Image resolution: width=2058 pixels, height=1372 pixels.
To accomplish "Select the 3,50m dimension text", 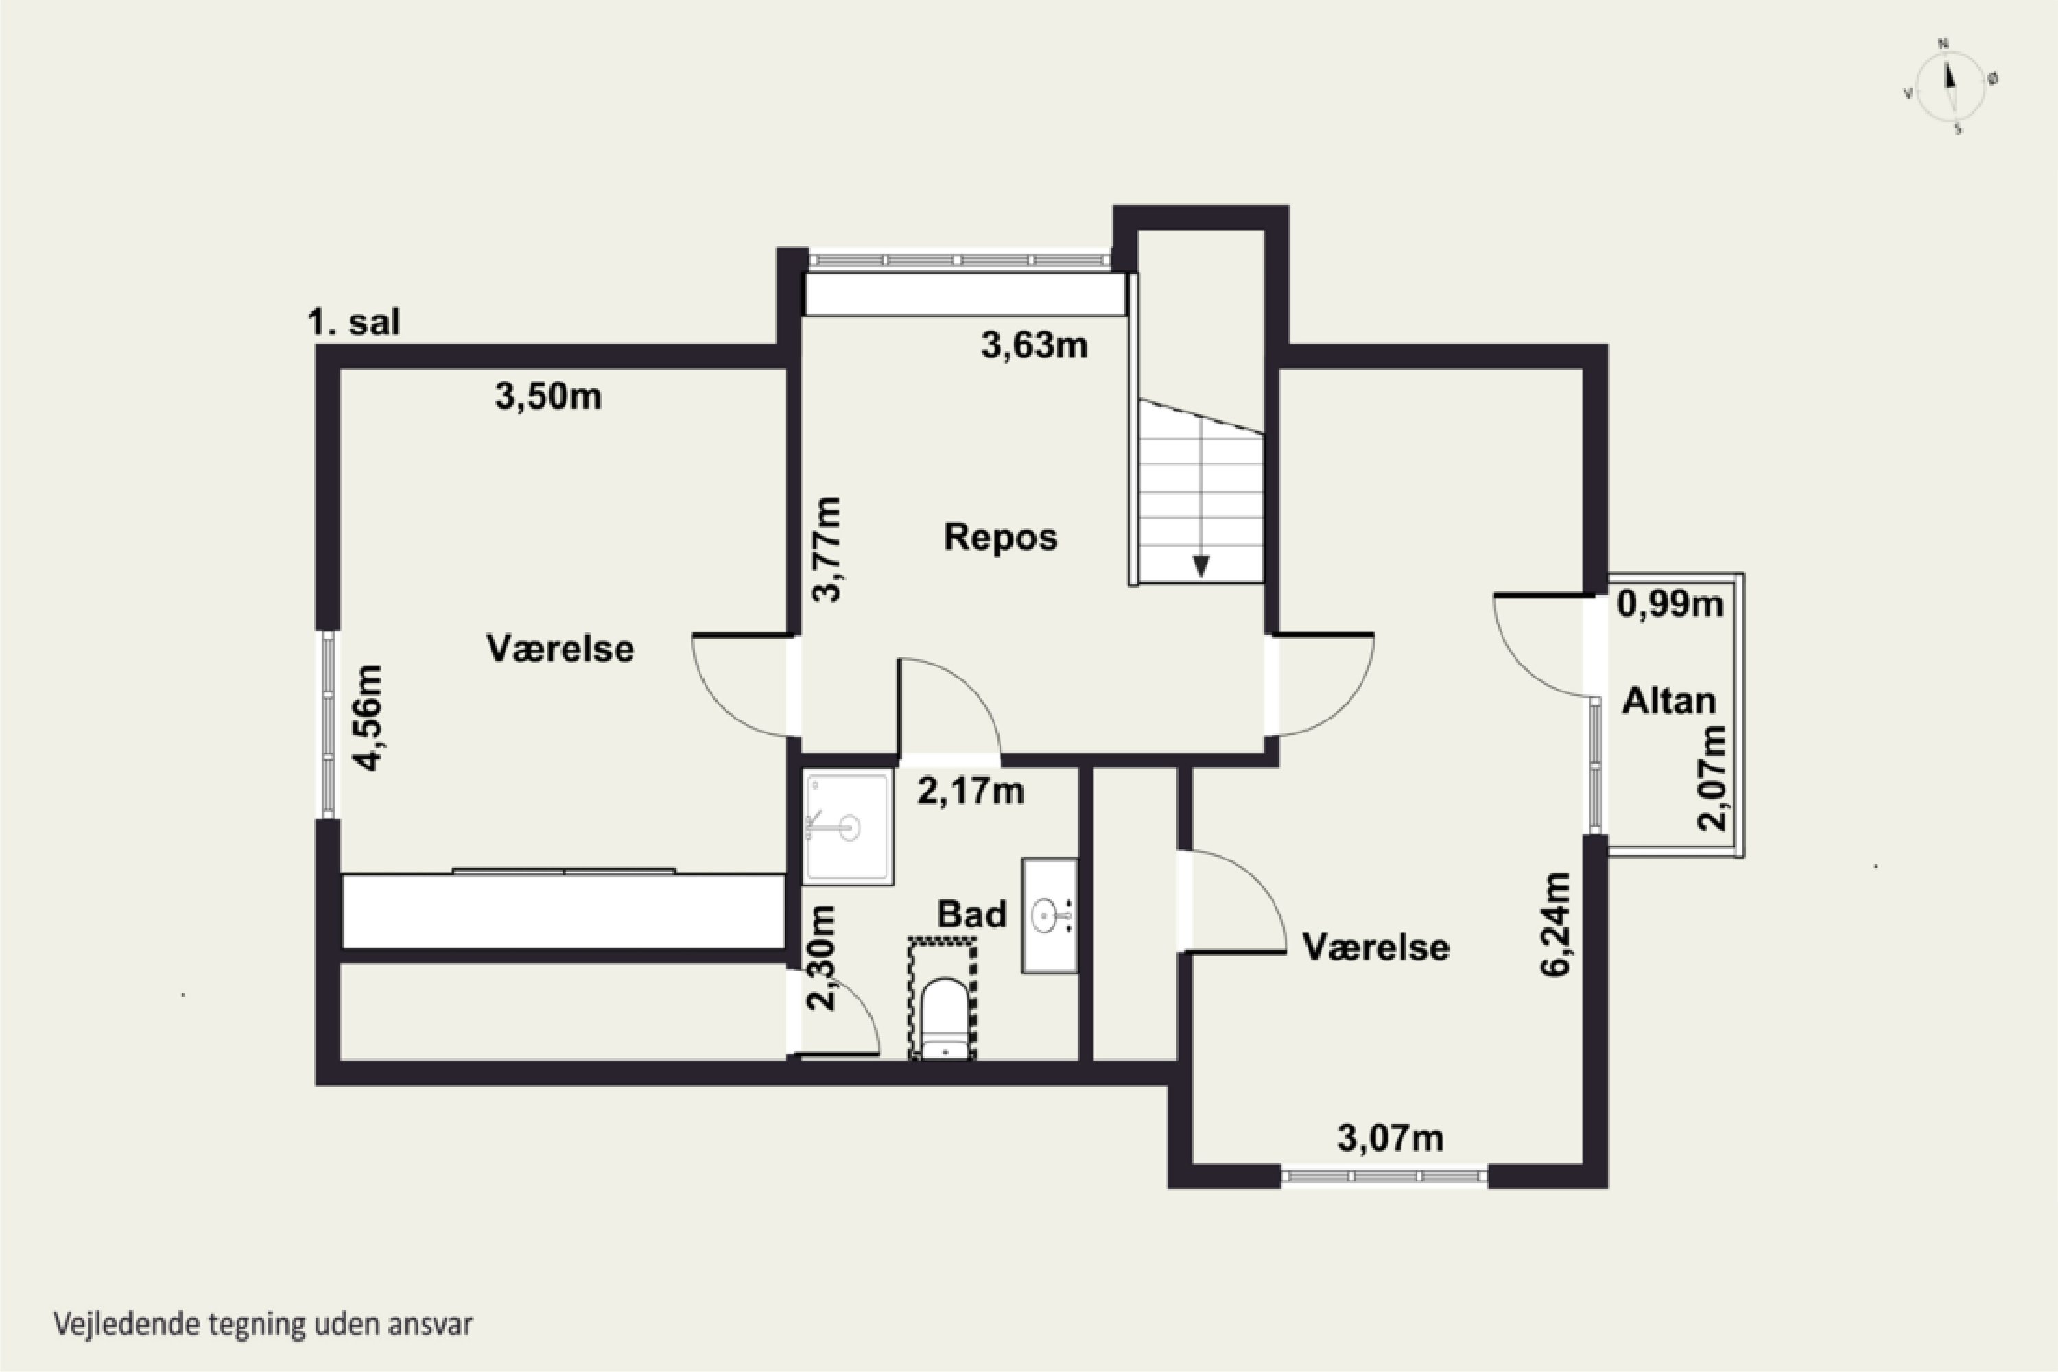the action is click(549, 397).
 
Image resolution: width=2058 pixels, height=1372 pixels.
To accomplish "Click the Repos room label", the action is click(1000, 537).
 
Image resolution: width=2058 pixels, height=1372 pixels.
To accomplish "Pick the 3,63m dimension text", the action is click(1034, 346).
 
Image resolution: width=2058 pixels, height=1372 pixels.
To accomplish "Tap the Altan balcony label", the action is click(1668, 701).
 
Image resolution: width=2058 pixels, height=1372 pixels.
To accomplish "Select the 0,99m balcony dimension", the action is click(1670, 604).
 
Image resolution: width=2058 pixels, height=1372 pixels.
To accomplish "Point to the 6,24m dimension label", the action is click(1556, 924).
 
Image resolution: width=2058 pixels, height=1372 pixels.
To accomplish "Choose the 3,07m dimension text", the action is click(1391, 1137).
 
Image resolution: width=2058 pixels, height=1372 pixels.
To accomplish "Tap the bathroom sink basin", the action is click(1048, 916).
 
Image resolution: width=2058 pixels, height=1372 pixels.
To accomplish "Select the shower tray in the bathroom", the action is click(848, 827).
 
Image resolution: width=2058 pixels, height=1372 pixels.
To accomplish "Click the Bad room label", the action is click(971, 914).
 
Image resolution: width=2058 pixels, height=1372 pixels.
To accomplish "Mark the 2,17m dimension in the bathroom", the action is click(971, 791).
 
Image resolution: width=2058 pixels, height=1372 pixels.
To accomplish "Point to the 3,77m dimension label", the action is click(827, 549).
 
